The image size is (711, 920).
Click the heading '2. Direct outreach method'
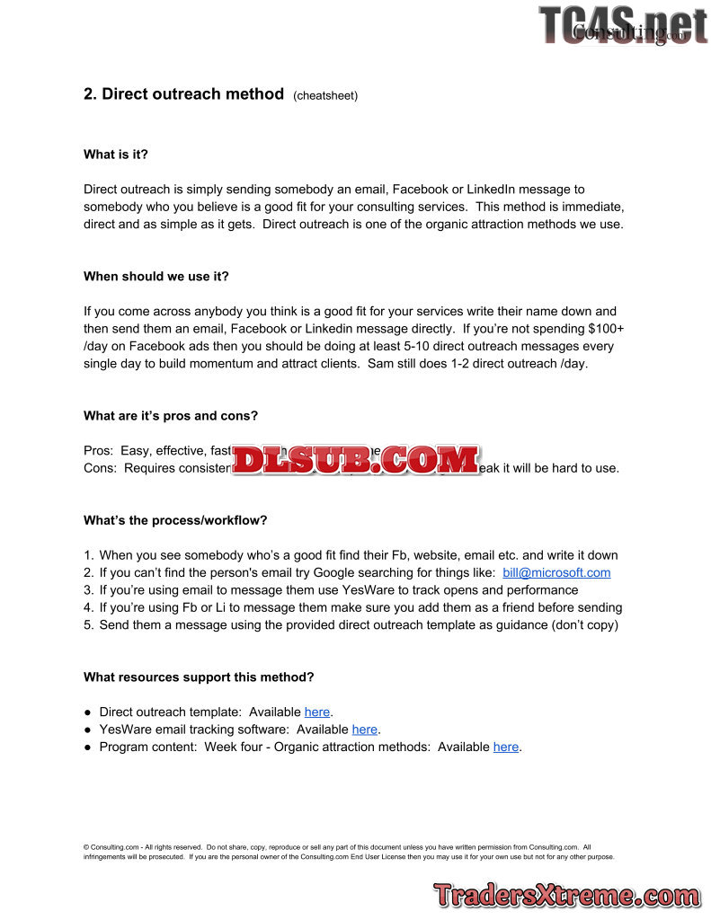pyautogui.click(x=183, y=94)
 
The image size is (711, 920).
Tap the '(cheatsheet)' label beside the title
pyautogui.click(x=325, y=96)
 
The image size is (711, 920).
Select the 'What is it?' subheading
pyautogui.click(x=116, y=155)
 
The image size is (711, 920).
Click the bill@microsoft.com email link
pyautogui.click(x=556, y=572)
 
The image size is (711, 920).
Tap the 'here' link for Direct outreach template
pyautogui.click(x=317, y=712)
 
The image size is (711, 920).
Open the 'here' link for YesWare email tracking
pyautogui.click(x=364, y=730)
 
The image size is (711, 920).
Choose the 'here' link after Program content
pyautogui.click(x=505, y=747)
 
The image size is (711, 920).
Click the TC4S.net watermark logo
pyautogui.click(x=622, y=25)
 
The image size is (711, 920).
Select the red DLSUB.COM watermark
pyautogui.click(x=358, y=460)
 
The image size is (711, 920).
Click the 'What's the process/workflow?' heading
pyautogui.click(x=175, y=520)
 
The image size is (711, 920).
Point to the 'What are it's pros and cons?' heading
pyautogui.click(x=171, y=416)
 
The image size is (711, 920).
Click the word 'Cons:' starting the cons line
pyautogui.click(x=100, y=468)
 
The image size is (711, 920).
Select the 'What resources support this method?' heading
pyautogui.click(x=199, y=677)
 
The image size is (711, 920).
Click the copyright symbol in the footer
pyautogui.click(x=86, y=847)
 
